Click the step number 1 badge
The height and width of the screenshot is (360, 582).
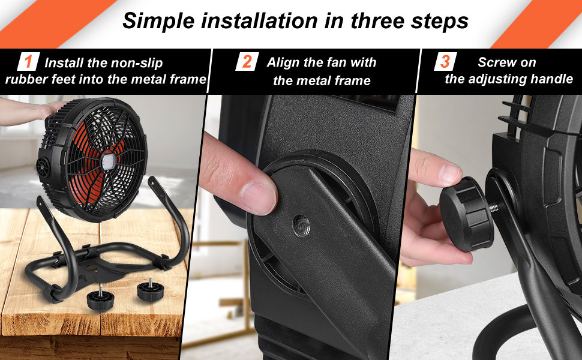coord(27,62)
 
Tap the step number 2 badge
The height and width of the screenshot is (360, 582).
coord(247,62)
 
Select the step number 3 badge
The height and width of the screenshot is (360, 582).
coord(445,61)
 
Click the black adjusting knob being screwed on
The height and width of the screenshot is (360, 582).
coord(466,213)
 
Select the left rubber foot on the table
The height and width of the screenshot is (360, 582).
coord(97,298)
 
